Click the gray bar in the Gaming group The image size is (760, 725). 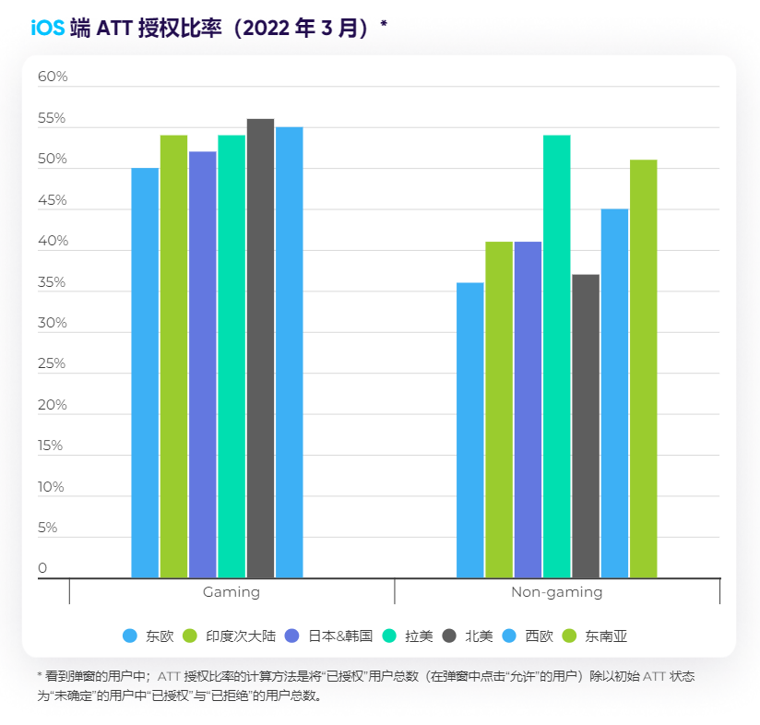click(x=260, y=348)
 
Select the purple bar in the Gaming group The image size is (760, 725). click(x=203, y=364)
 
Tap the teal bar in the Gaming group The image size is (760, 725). click(x=232, y=356)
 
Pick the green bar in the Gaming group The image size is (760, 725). click(x=173, y=356)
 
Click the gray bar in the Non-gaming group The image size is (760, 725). click(x=586, y=426)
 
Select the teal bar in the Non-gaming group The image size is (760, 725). click(x=556, y=356)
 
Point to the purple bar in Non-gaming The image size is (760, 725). click(x=528, y=410)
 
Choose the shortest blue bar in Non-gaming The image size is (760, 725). click(x=470, y=430)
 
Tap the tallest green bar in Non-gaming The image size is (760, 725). click(x=644, y=369)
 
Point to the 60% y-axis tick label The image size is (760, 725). click(x=53, y=77)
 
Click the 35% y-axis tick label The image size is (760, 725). click(x=53, y=282)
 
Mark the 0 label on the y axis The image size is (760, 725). click(x=42, y=568)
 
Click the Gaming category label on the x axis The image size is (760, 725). click(x=232, y=592)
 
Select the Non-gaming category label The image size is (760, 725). click(x=556, y=592)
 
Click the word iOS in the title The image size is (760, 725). click(x=47, y=28)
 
